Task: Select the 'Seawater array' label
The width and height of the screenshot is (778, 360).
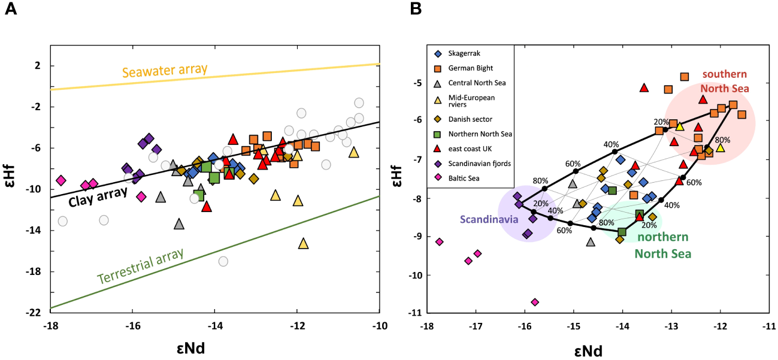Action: [165, 71]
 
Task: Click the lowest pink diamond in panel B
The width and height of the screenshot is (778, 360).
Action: [535, 302]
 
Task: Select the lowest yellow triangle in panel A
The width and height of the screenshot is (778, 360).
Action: [303, 243]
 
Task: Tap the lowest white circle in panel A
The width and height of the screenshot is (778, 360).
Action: [223, 261]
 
